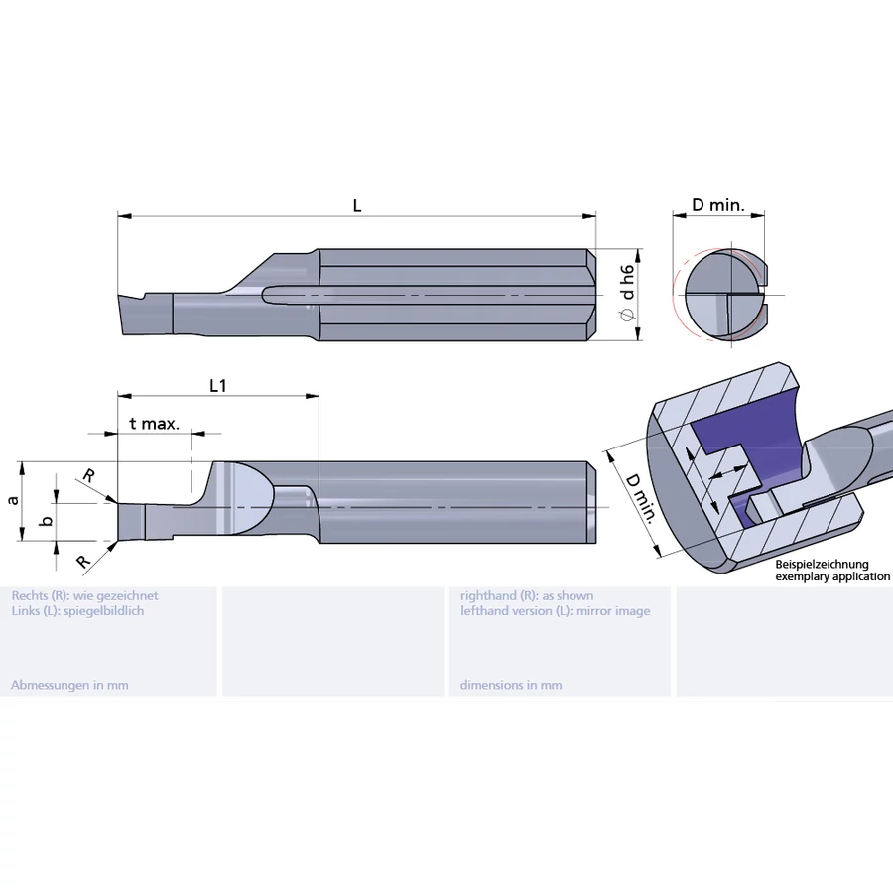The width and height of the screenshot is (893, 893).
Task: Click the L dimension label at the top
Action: (357, 205)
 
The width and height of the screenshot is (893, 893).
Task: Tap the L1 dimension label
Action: (218, 386)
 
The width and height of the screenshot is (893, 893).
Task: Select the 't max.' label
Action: (154, 424)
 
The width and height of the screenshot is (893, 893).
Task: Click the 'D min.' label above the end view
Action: (717, 205)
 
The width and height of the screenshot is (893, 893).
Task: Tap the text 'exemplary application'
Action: (831, 576)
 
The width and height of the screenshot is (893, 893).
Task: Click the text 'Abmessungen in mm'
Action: (69, 685)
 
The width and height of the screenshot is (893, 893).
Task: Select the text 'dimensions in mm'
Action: (511, 685)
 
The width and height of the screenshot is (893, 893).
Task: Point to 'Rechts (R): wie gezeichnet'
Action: (84, 595)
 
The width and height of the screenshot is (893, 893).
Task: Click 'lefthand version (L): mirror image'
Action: (555, 611)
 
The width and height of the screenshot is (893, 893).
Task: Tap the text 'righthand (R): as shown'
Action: (527, 595)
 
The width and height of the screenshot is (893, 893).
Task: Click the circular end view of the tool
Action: (725, 296)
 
